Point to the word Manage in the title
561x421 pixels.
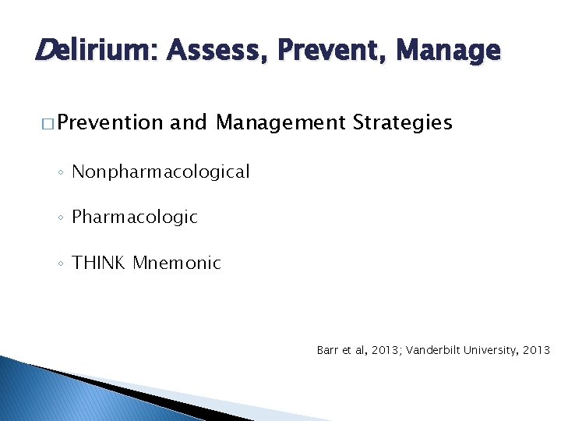coord(448,51)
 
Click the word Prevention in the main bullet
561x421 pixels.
coord(110,123)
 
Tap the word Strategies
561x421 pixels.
coord(402,123)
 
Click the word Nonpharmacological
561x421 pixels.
coord(161,172)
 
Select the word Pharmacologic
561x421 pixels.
coord(135,218)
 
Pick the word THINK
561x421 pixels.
coord(98,264)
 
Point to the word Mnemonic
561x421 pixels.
coord(177,264)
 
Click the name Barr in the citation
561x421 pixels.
coord(326,351)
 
